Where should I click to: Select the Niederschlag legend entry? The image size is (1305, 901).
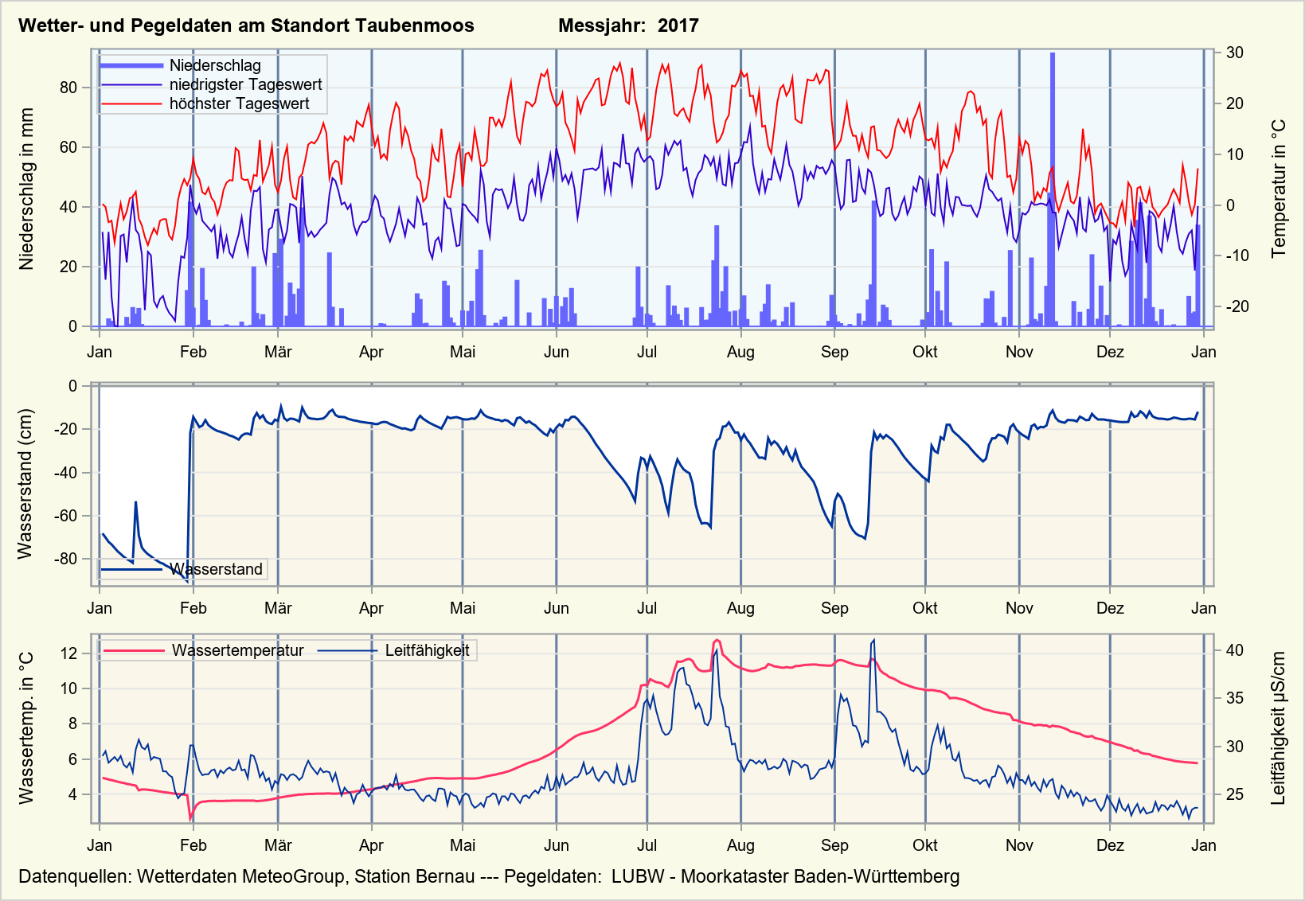pos(215,65)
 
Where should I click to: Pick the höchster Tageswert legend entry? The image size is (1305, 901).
pos(239,103)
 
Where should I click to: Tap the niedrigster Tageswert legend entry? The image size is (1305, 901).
pos(245,84)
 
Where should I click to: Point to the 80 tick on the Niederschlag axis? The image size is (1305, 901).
pos(68,88)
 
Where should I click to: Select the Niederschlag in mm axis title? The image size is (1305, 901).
pos(27,189)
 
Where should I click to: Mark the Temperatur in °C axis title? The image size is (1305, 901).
pos(1279,189)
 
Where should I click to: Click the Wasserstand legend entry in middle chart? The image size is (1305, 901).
pos(216,569)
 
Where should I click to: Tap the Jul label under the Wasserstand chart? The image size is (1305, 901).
pos(647,609)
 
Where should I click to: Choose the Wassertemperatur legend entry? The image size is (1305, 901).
pos(237,650)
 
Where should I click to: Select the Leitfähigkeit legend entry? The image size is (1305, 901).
pos(427,650)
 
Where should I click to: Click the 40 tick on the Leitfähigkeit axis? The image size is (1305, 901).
pos(1234,650)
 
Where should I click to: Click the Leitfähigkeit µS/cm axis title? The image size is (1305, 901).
pos(1279,728)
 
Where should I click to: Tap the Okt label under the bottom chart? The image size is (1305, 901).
pos(925,845)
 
